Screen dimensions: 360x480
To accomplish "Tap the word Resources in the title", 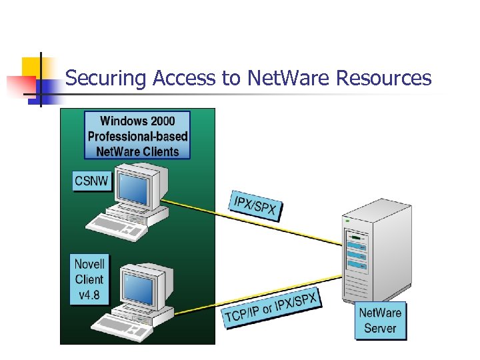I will coord(384,78).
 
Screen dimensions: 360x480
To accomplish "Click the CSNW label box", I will coord(91,181).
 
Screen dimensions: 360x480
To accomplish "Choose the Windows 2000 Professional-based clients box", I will coord(137,136).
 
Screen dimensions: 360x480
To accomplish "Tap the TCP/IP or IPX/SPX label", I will coord(271,309).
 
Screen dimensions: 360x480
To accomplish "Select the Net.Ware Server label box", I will coord(380,321).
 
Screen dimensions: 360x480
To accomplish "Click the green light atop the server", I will coord(346,219).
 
